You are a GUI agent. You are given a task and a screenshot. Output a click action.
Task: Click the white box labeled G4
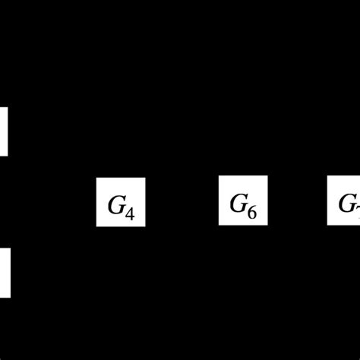[120, 201]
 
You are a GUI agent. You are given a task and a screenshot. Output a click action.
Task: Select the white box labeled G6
[243, 201]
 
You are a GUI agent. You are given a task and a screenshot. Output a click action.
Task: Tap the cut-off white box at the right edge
[344, 201]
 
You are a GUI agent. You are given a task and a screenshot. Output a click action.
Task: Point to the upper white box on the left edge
[4, 131]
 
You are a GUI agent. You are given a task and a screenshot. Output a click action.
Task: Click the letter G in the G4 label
[117, 203]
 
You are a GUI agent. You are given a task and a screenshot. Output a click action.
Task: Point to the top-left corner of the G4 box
[96, 178]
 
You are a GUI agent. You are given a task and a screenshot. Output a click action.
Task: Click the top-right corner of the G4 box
[144, 178]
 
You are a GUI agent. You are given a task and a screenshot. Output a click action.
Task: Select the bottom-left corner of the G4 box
[96, 226]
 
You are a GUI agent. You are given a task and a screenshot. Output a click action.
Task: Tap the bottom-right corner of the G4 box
[144, 226]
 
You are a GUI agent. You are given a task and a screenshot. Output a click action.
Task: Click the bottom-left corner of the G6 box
[219, 225]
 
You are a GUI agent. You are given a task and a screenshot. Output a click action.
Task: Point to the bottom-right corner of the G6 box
[267, 225]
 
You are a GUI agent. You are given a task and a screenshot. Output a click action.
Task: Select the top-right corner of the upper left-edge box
[8, 107]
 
